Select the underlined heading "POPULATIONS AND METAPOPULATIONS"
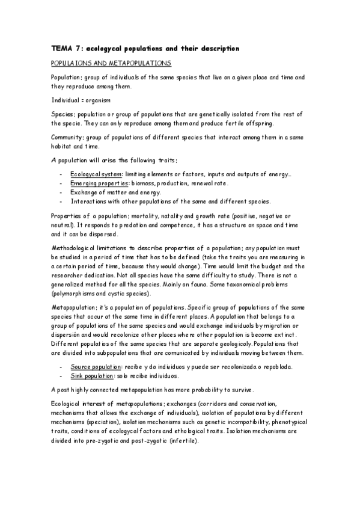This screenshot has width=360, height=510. (111, 63)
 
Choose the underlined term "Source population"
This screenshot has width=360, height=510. (95, 366)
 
